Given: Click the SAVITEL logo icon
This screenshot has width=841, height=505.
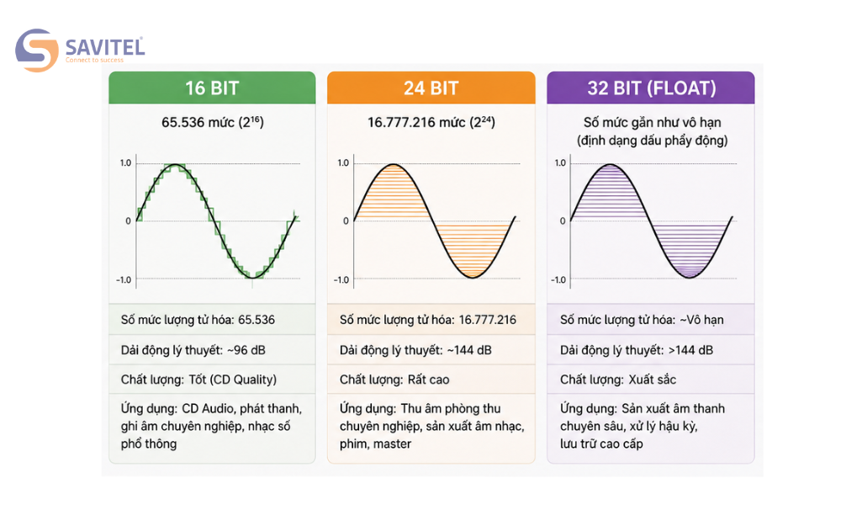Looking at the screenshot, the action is tap(37, 50).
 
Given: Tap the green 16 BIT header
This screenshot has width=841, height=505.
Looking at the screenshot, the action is tap(213, 88).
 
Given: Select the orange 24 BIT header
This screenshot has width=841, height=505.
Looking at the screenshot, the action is tap(431, 88).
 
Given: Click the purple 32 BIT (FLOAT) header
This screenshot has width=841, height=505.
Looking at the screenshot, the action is tap(651, 88).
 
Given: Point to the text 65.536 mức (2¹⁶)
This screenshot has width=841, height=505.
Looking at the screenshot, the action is tap(213, 122).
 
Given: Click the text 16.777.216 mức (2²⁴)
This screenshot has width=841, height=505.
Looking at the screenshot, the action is tap(431, 122).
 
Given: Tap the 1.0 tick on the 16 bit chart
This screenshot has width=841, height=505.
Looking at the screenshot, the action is tap(125, 162).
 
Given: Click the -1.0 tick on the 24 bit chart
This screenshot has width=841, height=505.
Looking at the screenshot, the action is tap(341, 279).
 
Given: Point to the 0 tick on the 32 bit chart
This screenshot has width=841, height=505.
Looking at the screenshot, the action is tap(563, 221).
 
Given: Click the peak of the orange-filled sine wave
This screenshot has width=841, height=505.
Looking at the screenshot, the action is tap(393, 164).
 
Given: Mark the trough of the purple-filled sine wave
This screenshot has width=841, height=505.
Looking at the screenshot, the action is tap(690, 277).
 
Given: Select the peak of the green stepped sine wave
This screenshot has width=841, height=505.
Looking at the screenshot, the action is tap(175, 164).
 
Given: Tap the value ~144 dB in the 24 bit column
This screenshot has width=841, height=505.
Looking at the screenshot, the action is tap(469, 350).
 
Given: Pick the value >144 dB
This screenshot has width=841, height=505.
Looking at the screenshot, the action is tap(690, 350).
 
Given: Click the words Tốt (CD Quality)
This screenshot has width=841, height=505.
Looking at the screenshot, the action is tap(233, 380).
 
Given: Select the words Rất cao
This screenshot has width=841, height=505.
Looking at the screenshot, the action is tap(429, 380).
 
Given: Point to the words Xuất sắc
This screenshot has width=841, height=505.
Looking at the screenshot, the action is tap(653, 380).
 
